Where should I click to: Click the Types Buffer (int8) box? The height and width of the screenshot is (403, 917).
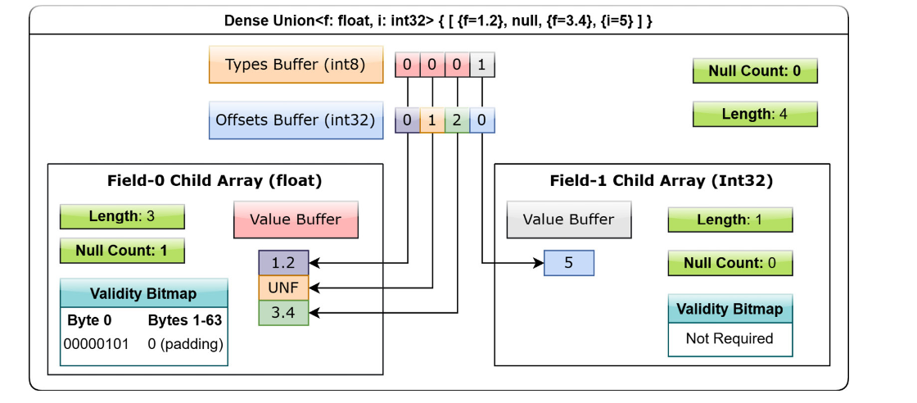(296, 65)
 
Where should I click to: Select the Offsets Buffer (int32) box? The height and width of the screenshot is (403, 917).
(296, 120)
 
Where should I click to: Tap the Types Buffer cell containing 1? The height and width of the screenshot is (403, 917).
(482, 65)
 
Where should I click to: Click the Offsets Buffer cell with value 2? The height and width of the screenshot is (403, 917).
(457, 121)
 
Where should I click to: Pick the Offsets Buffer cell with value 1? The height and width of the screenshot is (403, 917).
(432, 121)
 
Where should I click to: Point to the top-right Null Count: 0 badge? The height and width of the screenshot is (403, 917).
(754, 71)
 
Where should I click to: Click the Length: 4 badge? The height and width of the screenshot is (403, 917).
(754, 114)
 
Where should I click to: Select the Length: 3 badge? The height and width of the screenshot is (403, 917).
(122, 216)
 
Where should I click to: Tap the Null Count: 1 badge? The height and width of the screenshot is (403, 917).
(122, 251)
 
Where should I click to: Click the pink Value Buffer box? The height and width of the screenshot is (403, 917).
(296, 220)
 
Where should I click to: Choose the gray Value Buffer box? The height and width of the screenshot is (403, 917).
(568, 220)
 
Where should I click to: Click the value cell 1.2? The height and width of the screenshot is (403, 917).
(283, 263)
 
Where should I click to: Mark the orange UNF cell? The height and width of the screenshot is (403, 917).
(283, 288)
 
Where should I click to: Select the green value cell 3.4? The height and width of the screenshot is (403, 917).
(283, 313)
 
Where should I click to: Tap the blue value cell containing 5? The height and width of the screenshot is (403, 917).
(568, 263)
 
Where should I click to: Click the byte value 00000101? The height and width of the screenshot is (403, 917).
(96, 344)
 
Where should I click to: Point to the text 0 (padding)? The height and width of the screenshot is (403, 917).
(185, 345)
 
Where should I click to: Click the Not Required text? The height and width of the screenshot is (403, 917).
(730, 338)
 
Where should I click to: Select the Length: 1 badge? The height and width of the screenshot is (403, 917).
(730, 220)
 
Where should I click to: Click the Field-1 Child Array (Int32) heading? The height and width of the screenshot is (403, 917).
(662, 181)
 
